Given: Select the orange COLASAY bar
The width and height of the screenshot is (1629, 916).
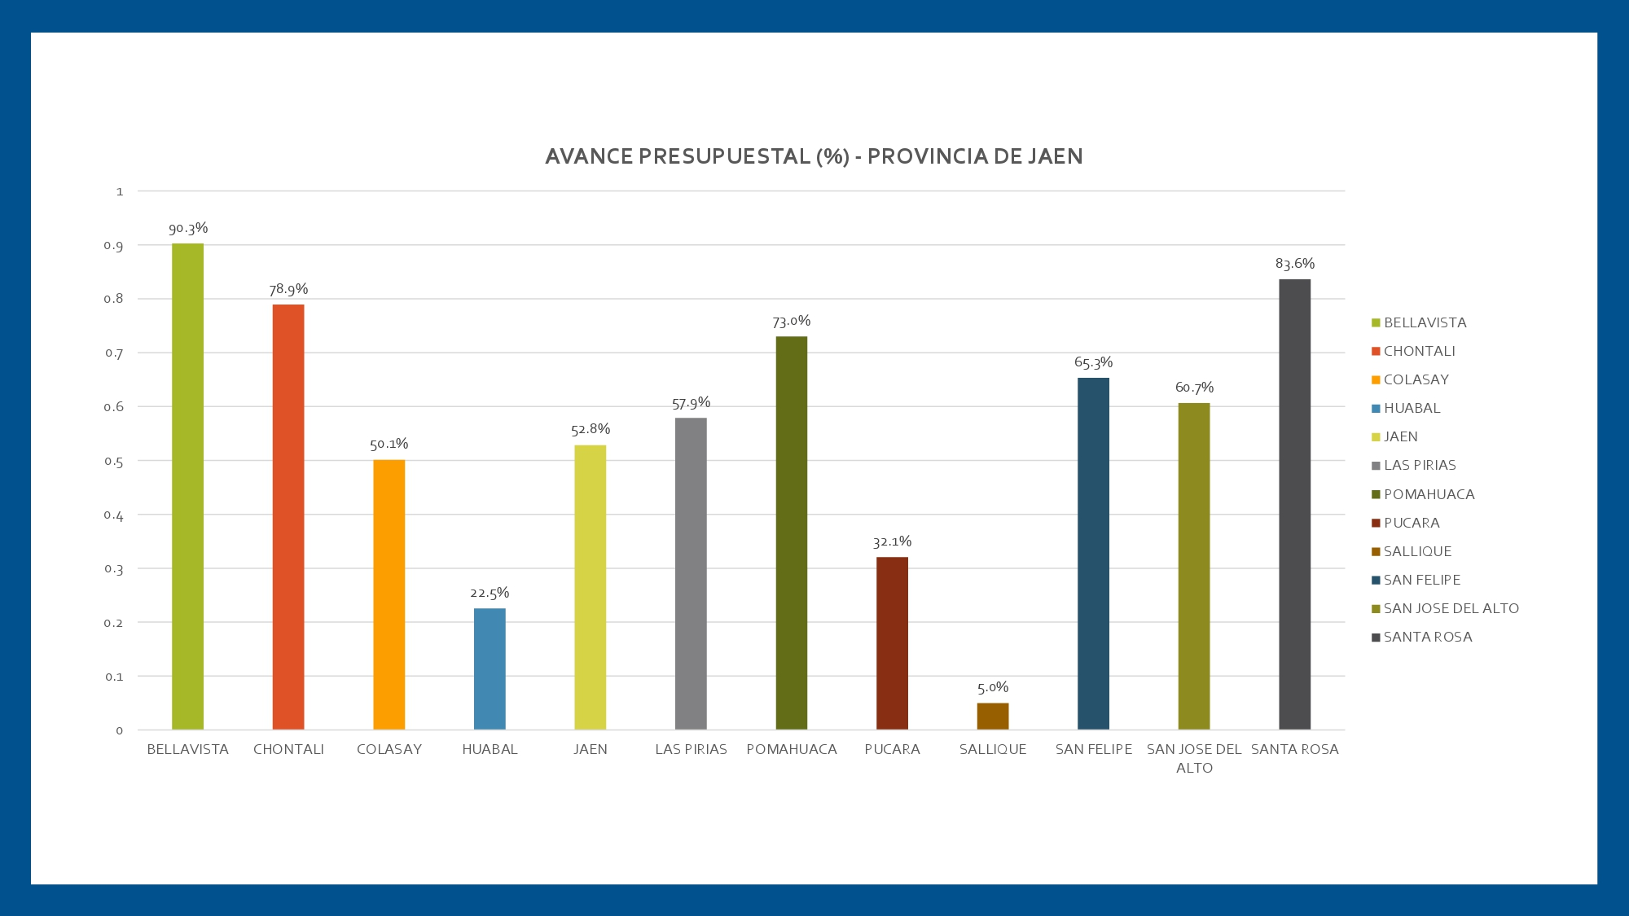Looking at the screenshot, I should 389,594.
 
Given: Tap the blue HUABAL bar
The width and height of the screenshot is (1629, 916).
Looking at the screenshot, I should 490,668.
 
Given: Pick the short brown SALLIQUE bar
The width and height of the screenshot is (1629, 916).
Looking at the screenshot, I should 992,716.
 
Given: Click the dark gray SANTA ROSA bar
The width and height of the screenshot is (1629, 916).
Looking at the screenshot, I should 1294,504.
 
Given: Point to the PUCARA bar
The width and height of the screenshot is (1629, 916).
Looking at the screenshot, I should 892,643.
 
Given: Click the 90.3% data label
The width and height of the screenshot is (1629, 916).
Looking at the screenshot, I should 188,228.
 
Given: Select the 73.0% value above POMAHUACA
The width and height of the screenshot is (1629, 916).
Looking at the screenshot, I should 791,321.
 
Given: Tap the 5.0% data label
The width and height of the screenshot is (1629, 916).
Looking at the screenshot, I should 993,687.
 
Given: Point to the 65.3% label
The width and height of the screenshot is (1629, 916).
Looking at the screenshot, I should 1093,362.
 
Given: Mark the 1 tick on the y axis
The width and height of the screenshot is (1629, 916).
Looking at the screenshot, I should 120,191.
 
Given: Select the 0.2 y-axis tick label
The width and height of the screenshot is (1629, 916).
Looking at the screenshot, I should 113,623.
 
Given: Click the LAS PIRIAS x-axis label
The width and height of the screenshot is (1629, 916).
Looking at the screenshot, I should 691,749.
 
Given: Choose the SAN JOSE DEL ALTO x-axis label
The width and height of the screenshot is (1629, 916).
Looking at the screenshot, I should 1194,758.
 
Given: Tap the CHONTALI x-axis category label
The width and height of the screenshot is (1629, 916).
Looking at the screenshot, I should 288,749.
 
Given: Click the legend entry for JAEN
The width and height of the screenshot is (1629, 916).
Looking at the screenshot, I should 1400,436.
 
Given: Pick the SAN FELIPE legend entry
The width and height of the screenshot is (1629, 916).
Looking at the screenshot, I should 1421,580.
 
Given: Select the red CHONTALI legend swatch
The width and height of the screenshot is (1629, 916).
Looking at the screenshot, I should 1376,352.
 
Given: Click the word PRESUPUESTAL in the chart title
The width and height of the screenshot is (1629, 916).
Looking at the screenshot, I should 725,156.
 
